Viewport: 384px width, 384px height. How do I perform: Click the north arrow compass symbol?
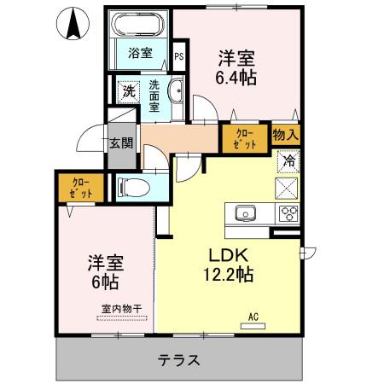click(x=73, y=23)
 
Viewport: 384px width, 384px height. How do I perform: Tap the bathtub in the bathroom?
click(x=138, y=24)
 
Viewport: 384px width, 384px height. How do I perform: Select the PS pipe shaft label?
click(x=179, y=56)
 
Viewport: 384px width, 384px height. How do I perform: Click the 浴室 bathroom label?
click(x=140, y=53)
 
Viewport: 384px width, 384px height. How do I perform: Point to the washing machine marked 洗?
click(x=129, y=91)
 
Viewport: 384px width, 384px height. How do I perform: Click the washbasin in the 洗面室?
click(x=177, y=90)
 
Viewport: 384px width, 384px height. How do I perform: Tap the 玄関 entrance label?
click(x=121, y=143)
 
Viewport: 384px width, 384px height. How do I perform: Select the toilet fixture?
click(x=134, y=188)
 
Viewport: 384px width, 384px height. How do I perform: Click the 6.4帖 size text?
click(x=236, y=78)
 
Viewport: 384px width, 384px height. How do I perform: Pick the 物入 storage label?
click(x=286, y=134)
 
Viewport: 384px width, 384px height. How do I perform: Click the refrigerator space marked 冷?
click(x=288, y=161)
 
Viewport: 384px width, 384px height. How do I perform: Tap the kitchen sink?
click(x=245, y=213)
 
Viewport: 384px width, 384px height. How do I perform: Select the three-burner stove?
click(x=288, y=213)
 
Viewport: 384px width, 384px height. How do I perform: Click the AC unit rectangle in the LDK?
click(x=253, y=326)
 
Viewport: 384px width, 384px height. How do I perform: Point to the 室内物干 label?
click(x=121, y=309)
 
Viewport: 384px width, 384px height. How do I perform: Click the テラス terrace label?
click(x=179, y=360)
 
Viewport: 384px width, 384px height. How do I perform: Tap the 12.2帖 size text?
click(x=228, y=275)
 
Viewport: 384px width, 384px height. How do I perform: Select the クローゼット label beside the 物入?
click(x=244, y=139)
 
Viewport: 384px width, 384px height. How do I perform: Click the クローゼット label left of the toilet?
click(x=81, y=188)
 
